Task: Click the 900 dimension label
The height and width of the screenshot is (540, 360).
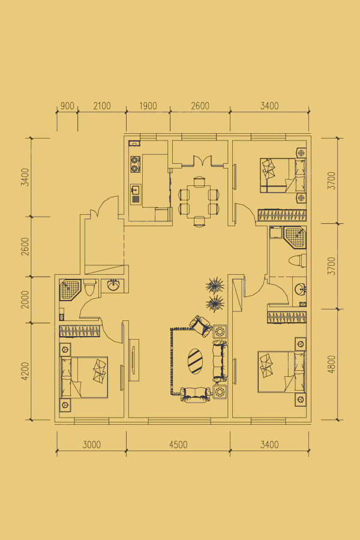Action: coord(67,106)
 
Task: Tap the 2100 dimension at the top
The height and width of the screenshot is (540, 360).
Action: coord(102,106)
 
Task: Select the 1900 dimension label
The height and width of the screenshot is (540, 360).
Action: coord(148,106)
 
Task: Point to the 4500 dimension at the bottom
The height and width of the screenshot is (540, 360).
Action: coord(178,445)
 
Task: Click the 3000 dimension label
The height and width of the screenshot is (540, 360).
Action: coord(92,445)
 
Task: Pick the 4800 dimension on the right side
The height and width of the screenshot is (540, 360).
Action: coord(331,364)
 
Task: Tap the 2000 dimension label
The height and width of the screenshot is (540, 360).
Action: coord(25,299)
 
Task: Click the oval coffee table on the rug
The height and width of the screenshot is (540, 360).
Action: coord(196,361)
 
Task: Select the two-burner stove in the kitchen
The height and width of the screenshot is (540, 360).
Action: coord(136,164)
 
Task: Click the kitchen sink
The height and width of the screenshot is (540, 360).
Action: coord(136,194)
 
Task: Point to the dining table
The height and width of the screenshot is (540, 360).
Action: coord(199,201)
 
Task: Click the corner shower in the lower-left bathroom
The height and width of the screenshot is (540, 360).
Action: coord(70,289)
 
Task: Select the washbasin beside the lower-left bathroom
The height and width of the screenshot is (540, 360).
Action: coord(113,285)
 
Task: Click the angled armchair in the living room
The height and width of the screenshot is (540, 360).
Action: coord(200,326)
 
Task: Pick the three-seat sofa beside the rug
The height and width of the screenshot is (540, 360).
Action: coord(220,361)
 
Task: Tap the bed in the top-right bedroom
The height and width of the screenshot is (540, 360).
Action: coord(283,175)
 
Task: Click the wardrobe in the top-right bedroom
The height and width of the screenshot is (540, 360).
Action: coord(282,215)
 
